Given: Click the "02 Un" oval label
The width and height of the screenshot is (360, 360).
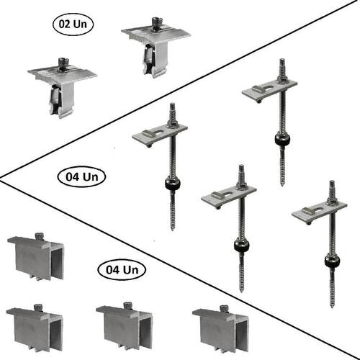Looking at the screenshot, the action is [73, 24].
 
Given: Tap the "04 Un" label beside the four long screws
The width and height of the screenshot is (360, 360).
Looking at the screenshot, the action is [82, 177].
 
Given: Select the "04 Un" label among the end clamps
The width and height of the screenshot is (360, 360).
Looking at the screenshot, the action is [122, 270].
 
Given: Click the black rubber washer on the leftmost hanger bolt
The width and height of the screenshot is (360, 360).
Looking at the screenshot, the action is [173, 184].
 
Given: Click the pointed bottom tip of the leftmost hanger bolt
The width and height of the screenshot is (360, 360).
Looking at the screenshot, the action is [173, 229].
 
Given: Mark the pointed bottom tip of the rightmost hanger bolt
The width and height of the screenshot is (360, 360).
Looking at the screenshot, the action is [333, 307].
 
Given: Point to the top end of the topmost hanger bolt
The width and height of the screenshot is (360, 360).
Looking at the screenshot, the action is [282, 60].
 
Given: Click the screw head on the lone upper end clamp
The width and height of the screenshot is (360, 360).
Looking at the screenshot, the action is [39, 236].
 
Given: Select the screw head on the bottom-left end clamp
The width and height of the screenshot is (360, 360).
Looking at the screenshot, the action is [38, 307].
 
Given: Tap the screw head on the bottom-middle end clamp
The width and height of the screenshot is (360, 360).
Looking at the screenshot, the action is [128, 305].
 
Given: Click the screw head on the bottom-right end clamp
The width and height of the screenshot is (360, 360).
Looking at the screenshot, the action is [224, 307].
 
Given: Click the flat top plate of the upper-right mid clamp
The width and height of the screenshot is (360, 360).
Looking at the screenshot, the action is [156, 34].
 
